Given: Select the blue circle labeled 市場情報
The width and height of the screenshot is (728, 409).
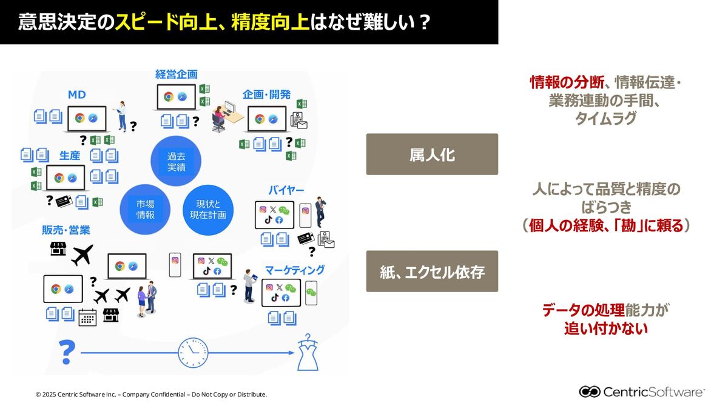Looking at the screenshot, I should [x=145, y=210].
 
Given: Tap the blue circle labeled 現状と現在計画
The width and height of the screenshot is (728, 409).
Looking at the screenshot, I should [x=207, y=210].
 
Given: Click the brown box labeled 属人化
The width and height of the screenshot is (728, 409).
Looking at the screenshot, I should [x=432, y=155].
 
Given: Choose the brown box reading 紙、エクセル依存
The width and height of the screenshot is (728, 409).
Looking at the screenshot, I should [x=432, y=271].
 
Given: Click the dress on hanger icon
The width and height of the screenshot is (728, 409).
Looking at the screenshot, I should [x=307, y=352].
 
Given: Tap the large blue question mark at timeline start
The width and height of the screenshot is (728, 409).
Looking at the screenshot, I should [x=67, y=352].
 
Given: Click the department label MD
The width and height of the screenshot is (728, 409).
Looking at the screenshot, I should [x=76, y=95].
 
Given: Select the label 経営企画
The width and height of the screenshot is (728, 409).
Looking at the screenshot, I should [x=176, y=75].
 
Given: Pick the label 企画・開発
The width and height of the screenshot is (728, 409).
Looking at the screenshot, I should [x=266, y=95].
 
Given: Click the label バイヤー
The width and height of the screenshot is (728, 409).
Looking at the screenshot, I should [x=286, y=191].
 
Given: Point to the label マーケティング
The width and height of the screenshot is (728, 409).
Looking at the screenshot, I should [x=294, y=270].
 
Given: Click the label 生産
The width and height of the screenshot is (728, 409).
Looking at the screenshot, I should [x=70, y=156].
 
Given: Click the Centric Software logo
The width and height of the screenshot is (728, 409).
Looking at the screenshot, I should [x=642, y=391].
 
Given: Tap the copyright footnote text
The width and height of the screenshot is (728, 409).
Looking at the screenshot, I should [x=151, y=394].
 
